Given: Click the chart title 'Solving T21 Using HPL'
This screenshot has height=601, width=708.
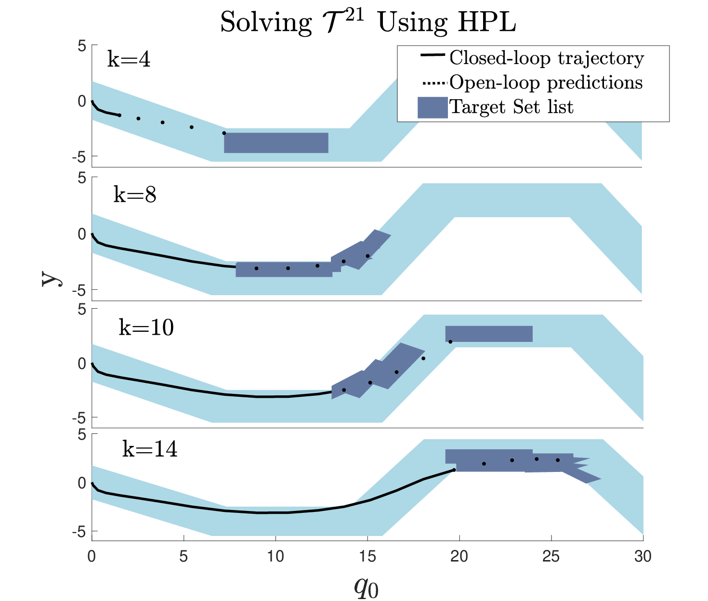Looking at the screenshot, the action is click(x=368, y=21).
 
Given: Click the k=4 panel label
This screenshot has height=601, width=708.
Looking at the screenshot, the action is click(x=129, y=59).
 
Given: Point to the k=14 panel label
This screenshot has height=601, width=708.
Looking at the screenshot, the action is click(x=150, y=449).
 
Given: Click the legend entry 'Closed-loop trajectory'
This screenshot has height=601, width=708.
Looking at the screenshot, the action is click(x=547, y=58).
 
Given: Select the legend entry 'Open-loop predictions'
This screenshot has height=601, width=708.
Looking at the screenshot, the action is click(x=546, y=82).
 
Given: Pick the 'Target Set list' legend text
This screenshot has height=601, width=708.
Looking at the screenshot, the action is click(x=511, y=107).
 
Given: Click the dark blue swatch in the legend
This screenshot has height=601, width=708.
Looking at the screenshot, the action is click(x=433, y=107).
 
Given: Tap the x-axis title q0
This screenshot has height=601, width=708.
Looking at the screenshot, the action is click(x=366, y=587).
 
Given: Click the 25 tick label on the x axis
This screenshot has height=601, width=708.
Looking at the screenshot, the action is click(x=551, y=557).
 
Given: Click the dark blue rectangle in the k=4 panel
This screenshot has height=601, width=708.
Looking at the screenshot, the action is click(x=276, y=143).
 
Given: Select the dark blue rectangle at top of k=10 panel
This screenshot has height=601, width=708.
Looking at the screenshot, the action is click(x=489, y=334).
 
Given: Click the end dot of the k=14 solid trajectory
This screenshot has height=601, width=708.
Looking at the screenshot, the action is click(x=454, y=470).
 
